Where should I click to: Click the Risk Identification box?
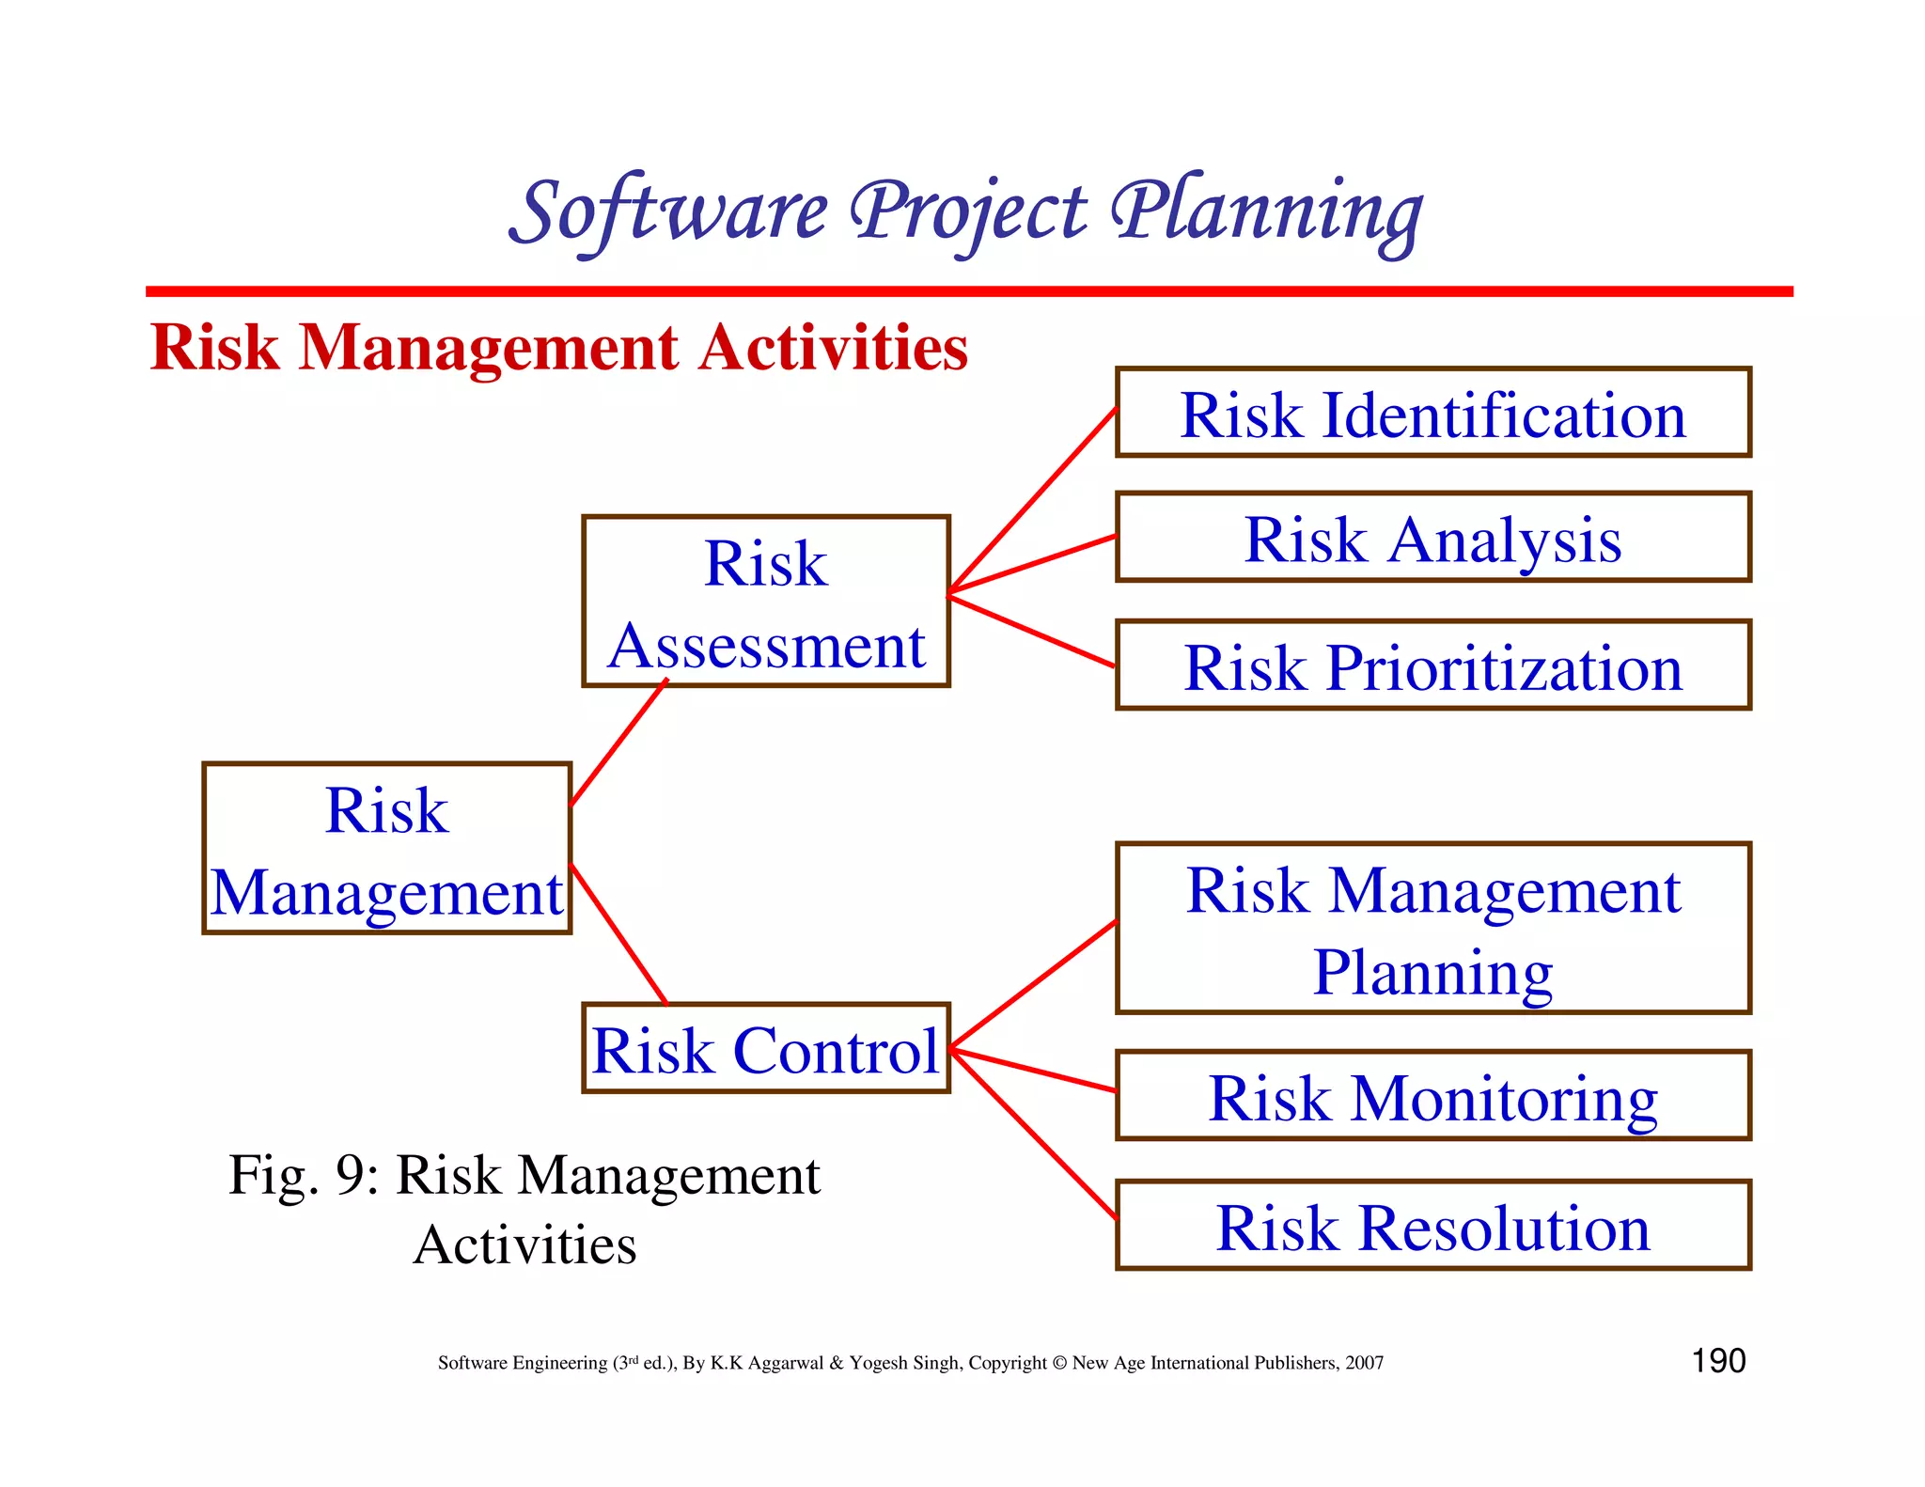coord(1432,413)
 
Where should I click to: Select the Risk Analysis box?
coord(1432,538)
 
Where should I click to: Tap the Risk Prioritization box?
coord(1432,665)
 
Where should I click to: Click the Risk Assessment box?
coord(765,602)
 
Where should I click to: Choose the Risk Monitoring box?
coord(1432,1096)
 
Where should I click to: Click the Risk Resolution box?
coord(1432,1226)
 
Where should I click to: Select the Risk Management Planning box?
coord(1432,929)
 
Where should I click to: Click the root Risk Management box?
coord(386,849)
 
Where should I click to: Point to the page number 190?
coord(1718,1361)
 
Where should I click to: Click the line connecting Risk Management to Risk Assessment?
coord(618,743)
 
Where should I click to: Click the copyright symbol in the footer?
coord(1059,1363)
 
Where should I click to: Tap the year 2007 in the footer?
coord(1364,1363)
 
